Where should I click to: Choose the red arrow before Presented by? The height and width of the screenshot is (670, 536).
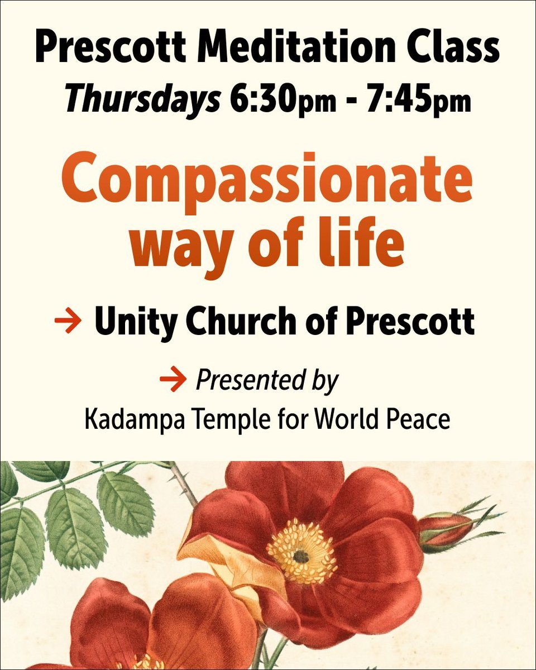(x=172, y=381)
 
